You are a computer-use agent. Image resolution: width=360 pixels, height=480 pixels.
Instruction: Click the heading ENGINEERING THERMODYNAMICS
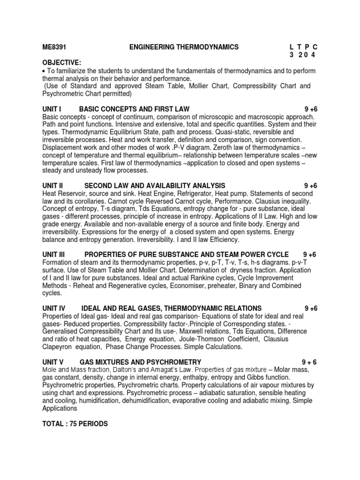click(x=184, y=47)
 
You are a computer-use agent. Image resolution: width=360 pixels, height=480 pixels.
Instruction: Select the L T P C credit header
click(x=304, y=47)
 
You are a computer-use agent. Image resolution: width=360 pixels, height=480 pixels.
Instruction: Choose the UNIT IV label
click(x=53, y=308)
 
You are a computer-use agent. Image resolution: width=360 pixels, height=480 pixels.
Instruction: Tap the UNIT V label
click(x=52, y=362)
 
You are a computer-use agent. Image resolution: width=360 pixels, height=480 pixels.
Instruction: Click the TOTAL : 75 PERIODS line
click(x=75, y=424)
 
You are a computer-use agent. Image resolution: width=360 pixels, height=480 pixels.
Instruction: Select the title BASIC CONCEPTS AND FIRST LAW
click(x=135, y=109)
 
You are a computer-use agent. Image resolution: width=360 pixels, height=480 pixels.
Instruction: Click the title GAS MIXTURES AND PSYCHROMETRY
click(x=141, y=362)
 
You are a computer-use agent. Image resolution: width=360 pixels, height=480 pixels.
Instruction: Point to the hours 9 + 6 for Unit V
click(x=310, y=362)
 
